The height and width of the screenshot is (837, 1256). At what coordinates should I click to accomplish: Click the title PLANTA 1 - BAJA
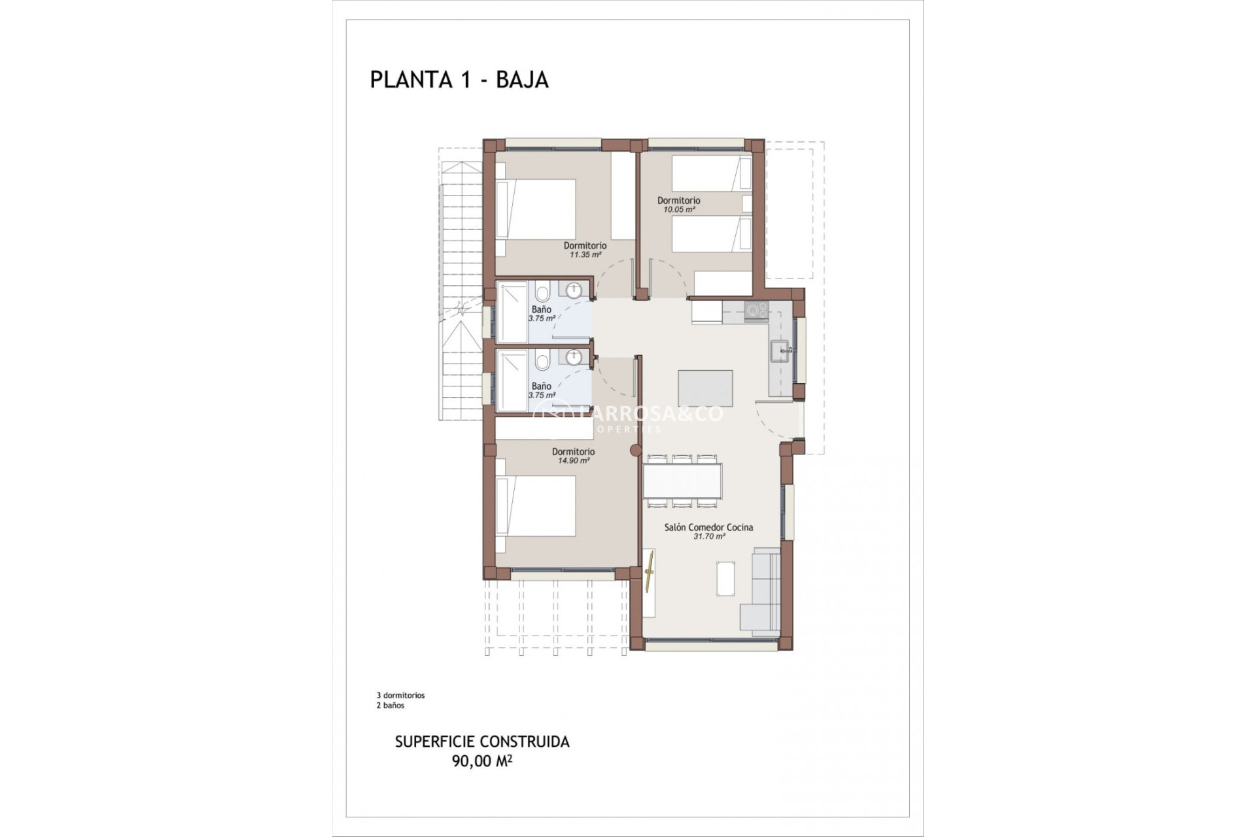pyautogui.click(x=459, y=80)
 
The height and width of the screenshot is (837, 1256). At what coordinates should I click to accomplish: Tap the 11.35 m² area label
pyautogui.click(x=585, y=255)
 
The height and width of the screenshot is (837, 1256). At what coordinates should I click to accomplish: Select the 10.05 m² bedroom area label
pyautogui.click(x=678, y=210)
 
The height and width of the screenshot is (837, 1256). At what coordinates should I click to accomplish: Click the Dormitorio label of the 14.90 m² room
pyautogui.click(x=573, y=452)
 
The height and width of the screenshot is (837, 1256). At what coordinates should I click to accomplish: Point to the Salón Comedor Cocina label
pyautogui.click(x=708, y=527)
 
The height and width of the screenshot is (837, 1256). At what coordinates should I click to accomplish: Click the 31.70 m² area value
pyautogui.click(x=709, y=536)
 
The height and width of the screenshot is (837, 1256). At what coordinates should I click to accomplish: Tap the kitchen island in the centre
pyautogui.click(x=705, y=388)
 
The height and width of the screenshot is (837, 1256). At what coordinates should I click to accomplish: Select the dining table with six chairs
pyautogui.click(x=682, y=481)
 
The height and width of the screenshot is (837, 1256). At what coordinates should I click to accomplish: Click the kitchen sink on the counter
pyautogui.click(x=781, y=351)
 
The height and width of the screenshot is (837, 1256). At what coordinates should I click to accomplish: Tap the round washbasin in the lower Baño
pyautogui.click(x=574, y=358)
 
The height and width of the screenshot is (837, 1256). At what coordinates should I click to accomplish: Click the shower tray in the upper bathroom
pyautogui.click(x=512, y=312)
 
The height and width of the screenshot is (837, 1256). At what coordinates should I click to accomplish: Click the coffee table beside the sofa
pyautogui.click(x=725, y=579)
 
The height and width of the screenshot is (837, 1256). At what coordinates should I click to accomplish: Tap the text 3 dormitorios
pyautogui.click(x=400, y=696)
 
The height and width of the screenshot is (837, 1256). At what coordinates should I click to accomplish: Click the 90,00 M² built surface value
pyautogui.click(x=481, y=760)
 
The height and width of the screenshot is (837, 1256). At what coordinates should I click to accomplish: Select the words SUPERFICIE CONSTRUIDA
pyautogui.click(x=482, y=742)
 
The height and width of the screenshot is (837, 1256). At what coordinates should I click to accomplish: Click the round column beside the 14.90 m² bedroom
pyautogui.click(x=635, y=451)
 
